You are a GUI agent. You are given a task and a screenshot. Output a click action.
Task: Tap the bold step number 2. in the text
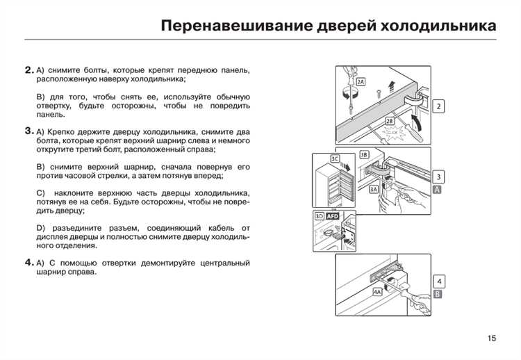click(x=28, y=70)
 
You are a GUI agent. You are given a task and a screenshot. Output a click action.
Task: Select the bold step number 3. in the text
click(x=28, y=131)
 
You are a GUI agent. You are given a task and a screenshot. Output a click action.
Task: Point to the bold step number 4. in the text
click(x=28, y=263)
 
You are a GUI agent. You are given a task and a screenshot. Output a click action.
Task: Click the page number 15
click(x=492, y=338)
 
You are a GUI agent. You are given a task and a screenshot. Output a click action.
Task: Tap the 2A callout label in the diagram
click(x=360, y=81)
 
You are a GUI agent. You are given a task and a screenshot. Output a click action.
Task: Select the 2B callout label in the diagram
click(x=389, y=120)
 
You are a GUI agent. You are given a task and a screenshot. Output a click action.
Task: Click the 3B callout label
click(x=363, y=154)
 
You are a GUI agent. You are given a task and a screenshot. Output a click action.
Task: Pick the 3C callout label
click(x=334, y=159)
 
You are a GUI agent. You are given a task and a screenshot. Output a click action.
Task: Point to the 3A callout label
click(x=374, y=189)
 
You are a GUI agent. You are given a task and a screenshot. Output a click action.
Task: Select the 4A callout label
click(x=377, y=293)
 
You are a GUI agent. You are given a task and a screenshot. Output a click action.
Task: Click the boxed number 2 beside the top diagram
click(x=439, y=106)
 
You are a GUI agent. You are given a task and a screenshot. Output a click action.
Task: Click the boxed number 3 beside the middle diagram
click(x=438, y=177)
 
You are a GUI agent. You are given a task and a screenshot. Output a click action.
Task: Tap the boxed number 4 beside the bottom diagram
click(x=438, y=281)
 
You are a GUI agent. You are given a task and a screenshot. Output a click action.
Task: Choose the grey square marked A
click(x=438, y=190)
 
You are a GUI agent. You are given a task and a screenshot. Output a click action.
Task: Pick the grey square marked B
click(x=438, y=295)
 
